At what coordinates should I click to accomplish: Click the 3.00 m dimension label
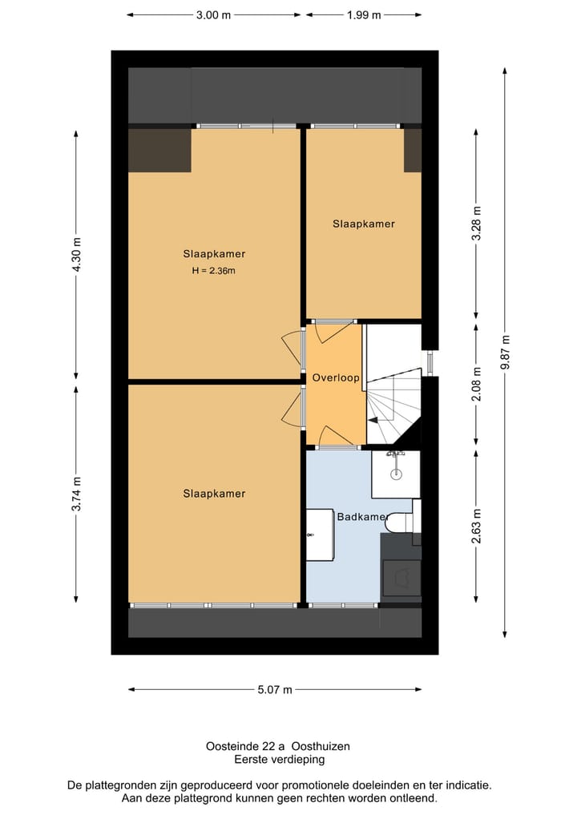[x=213, y=14]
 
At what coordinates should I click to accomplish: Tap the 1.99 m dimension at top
[x=364, y=14]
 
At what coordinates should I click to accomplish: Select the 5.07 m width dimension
[x=275, y=689]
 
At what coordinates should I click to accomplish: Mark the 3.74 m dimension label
[x=77, y=494]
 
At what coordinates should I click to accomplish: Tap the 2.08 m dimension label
[x=476, y=383]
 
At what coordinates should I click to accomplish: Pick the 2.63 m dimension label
[x=476, y=527]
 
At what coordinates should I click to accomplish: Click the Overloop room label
[x=336, y=377]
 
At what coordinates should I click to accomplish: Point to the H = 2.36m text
[x=213, y=271]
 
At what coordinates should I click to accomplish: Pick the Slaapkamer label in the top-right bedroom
[x=364, y=224]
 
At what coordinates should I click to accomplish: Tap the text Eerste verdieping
[x=279, y=759]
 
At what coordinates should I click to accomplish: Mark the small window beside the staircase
[x=429, y=362]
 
